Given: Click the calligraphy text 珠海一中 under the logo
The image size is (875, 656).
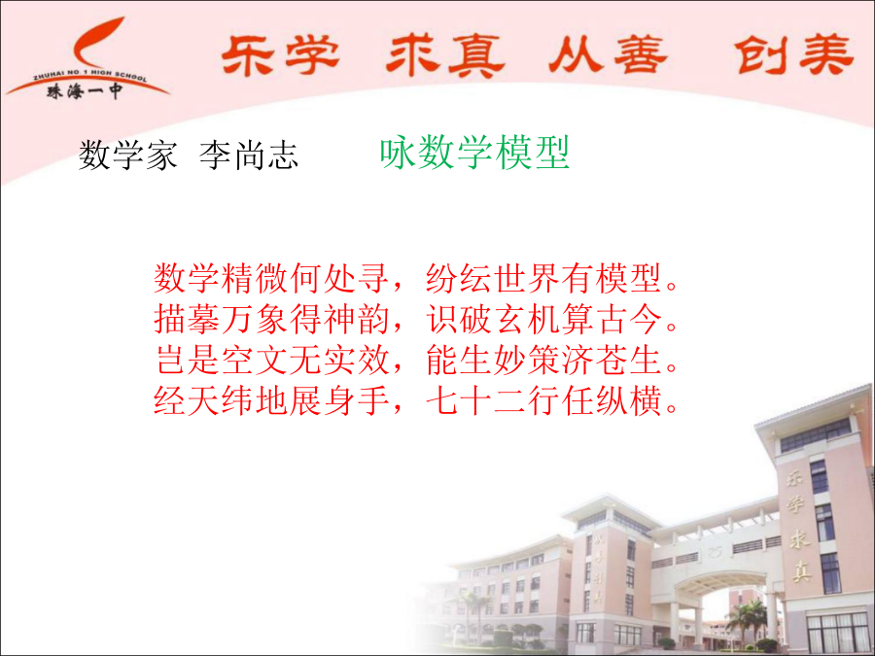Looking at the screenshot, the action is (x=85, y=92).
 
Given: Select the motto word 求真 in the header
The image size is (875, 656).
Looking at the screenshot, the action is (x=445, y=54).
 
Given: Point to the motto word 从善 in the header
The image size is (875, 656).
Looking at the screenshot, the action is (x=608, y=54).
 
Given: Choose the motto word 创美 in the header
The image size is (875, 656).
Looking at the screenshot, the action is (x=793, y=54).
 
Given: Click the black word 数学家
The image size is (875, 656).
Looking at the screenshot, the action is (x=127, y=155).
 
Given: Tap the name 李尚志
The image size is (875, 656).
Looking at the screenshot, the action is (x=249, y=155).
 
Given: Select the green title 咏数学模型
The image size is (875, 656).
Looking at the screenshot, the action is (x=474, y=153).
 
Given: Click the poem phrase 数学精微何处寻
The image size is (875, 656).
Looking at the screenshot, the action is (x=272, y=278).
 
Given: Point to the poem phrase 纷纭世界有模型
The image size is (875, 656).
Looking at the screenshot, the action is (x=544, y=278).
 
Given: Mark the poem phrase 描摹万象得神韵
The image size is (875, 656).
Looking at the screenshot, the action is (x=272, y=319).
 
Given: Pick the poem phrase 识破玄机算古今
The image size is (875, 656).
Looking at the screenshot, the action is (x=544, y=319).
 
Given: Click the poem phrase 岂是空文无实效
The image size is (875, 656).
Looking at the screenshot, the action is (x=272, y=360).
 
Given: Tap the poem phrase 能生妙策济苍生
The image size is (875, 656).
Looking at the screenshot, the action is (x=544, y=360).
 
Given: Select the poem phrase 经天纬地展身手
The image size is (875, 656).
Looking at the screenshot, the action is (x=272, y=400).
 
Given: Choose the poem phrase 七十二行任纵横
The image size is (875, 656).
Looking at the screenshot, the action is (x=544, y=400).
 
